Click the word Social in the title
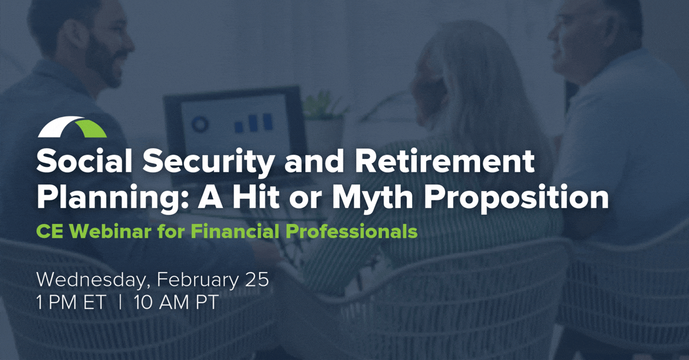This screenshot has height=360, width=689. [x=84, y=161]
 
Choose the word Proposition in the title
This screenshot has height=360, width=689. [x=518, y=198]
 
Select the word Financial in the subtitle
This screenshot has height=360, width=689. [x=235, y=231]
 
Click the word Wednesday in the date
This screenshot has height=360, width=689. [x=91, y=280]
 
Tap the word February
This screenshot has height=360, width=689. [x=198, y=281]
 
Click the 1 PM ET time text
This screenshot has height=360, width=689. [x=71, y=302]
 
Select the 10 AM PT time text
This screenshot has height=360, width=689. [x=176, y=302]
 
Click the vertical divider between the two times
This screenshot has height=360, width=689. [x=119, y=302]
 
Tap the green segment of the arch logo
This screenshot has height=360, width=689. [x=91, y=129]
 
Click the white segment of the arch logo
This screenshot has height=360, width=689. [x=59, y=126]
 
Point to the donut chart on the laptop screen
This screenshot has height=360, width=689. [x=200, y=125]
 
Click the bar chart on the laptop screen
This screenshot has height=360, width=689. [x=253, y=123]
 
